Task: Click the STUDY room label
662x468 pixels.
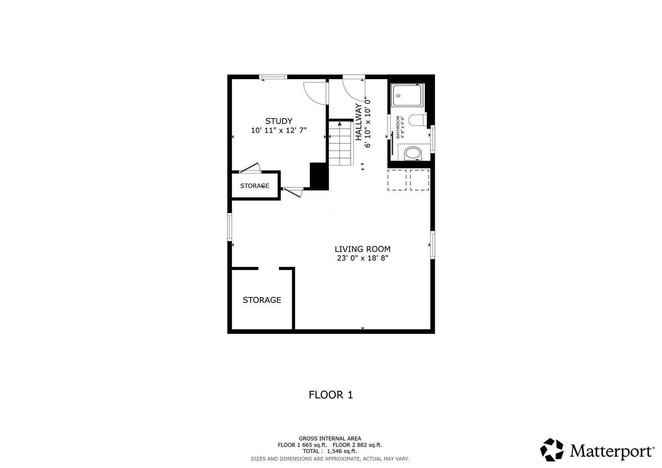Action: tap(279, 121)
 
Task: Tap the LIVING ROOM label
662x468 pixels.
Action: tap(362, 249)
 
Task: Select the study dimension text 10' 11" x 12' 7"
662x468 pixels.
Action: tap(279, 130)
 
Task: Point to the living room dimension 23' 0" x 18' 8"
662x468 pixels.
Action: tap(362, 258)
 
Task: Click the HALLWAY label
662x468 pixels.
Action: tap(359, 122)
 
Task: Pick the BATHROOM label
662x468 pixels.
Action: tap(398, 127)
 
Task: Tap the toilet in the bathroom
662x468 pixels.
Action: tap(418, 120)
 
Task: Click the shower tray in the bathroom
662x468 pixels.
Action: tap(407, 95)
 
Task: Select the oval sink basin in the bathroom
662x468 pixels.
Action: tap(413, 154)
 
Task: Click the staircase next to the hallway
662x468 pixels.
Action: tap(341, 144)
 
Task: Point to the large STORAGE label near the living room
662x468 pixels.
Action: tap(262, 300)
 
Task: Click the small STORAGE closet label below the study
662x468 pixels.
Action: tap(254, 186)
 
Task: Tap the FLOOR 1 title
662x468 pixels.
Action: tap(331, 395)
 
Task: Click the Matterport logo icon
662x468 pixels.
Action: tap(552, 450)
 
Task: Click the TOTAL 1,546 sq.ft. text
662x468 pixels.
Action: tap(330, 451)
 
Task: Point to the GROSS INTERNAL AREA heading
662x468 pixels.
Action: tap(330, 439)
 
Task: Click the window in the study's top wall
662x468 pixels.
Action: tap(273, 77)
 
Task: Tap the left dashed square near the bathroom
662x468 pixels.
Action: tap(397, 180)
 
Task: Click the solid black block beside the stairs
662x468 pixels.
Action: tap(319, 176)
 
